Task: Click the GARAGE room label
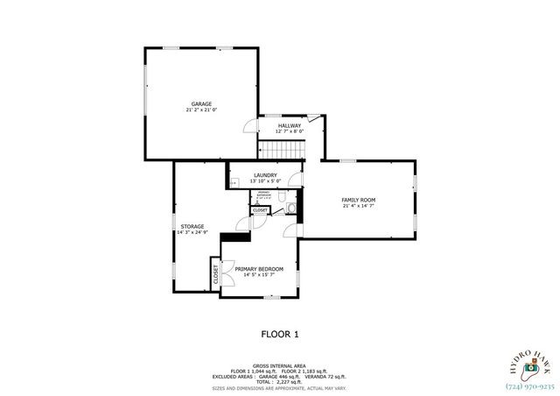click(x=202, y=103)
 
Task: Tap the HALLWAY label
click(x=290, y=125)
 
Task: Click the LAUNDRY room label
click(x=266, y=175)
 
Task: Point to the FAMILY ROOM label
click(x=358, y=201)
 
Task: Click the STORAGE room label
click(x=192, y=226)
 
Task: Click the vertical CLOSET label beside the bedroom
click(x=215, y=274)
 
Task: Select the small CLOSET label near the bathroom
click(x=261, y=210)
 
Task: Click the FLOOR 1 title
click(x=281, y=334)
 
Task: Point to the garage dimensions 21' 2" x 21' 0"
click(x=202, y=110)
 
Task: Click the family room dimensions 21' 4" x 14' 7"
click(x=358, y=208)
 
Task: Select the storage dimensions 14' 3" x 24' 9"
click(x=192, y=233)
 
